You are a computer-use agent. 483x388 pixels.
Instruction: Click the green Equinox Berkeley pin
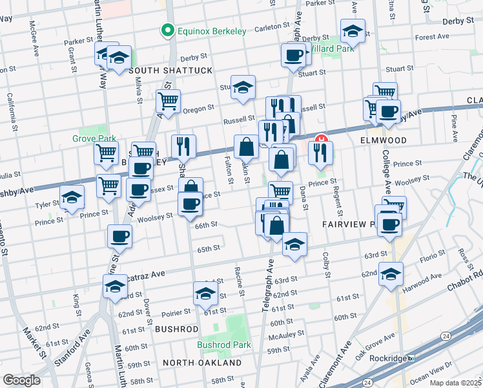[167, 30]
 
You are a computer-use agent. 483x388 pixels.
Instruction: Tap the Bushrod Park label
[224, 345]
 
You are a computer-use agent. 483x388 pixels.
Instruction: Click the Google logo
[21, 380]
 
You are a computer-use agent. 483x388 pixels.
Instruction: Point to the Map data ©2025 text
[455, 383]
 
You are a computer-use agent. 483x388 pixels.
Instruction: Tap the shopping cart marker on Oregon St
[168, 101]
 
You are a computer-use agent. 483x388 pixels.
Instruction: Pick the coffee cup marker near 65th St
[119, 237]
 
